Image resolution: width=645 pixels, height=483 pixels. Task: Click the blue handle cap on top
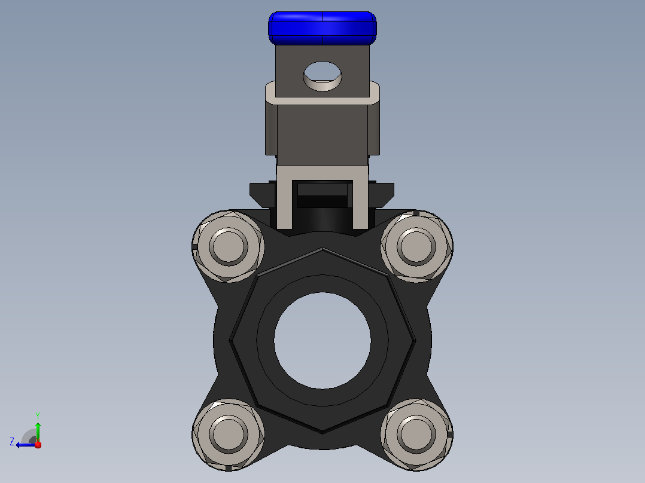(322, 28)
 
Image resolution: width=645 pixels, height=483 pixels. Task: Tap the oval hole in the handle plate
(322, 76)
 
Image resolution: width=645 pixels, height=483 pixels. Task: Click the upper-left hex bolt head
(229, 247)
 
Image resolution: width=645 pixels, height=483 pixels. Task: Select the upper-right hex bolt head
(416, 247)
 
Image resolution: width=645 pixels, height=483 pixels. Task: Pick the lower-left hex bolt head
(229, 435)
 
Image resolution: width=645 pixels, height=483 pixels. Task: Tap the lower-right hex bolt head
(416, 435)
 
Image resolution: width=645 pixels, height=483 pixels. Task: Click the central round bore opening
(322, 340)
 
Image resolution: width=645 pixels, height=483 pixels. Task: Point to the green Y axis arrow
(38, 432)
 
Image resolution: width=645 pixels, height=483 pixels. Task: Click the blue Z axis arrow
(26, 445)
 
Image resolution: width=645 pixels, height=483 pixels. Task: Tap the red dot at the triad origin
(38, 444)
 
